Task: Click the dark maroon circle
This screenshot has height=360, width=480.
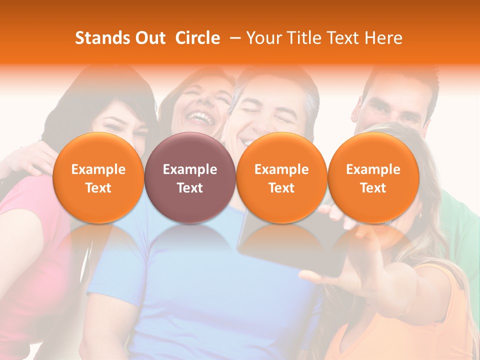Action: tap(190, 178)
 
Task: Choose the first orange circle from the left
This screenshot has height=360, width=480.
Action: tap(98, 178)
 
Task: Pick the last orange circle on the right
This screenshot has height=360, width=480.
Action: tap(373, 178)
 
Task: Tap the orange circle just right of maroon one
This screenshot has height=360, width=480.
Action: tap(281, 178)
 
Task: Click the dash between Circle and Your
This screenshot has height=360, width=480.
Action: tap(233, 38)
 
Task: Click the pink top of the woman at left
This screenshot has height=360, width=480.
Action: tap(30, 250)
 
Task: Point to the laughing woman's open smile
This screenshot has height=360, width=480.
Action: tap(200, 118)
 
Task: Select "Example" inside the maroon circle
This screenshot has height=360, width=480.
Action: tap(190, 169)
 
